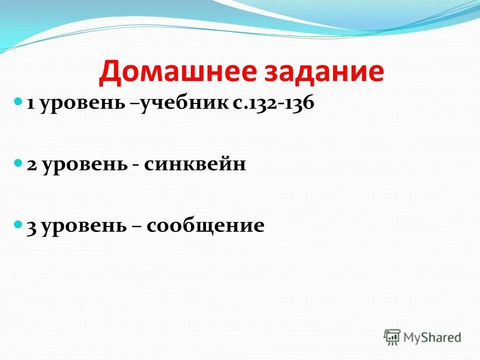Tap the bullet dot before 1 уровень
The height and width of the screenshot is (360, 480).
tap(18, 101)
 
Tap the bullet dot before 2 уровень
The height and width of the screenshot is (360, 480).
tap(18, 162)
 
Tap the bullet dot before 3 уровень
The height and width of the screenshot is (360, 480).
tap(18, 223)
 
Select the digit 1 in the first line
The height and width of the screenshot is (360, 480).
tap(30, 103)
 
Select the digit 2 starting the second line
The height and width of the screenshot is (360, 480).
tap(31, 165)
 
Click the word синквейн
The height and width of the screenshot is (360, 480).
tap(195, 165)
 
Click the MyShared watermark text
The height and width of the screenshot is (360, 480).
tap(432, 337)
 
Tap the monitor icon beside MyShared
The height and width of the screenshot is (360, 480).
tap(392, 337)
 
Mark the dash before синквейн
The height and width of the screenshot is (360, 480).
tap(136, 166)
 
